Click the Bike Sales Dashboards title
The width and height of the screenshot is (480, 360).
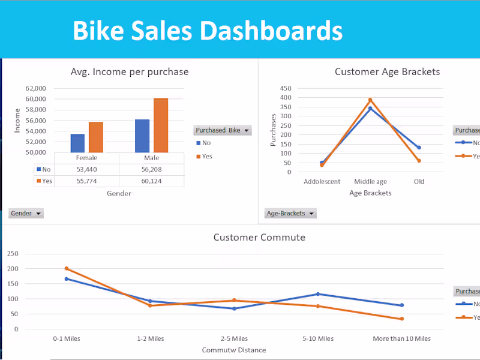(x=208, y=30)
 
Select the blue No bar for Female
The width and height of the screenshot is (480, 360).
(x=77, y=143)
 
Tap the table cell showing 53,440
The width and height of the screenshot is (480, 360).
(x=86, y=170)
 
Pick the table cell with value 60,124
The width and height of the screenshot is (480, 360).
(x=151, y=181)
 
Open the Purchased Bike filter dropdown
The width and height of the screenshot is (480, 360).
(x=222, y=130)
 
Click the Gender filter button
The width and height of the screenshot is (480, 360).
(x=26, y=213)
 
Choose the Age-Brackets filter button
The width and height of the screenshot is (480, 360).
(x=290, y=213)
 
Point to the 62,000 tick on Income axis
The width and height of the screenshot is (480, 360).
(x=36, y=88)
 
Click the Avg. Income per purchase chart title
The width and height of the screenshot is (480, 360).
(x=130, y=72)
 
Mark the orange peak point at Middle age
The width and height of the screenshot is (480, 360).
(x=370, y=100)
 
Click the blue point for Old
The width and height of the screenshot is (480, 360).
(x=419, y=148)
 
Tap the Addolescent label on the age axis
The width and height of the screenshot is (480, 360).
(x=322, y=181)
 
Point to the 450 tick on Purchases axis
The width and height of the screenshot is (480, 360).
(x=286, y=88)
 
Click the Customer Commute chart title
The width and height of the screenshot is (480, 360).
(x=259, y=237)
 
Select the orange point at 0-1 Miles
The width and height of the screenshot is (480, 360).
(x=67, y=268)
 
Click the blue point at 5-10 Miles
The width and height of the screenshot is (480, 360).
(x=317, y=294)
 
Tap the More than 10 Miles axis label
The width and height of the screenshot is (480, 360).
(x=401, y=338)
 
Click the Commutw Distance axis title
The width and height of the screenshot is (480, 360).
(x=234, y=350)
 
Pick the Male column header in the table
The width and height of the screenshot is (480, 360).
(x=151, y=158)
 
